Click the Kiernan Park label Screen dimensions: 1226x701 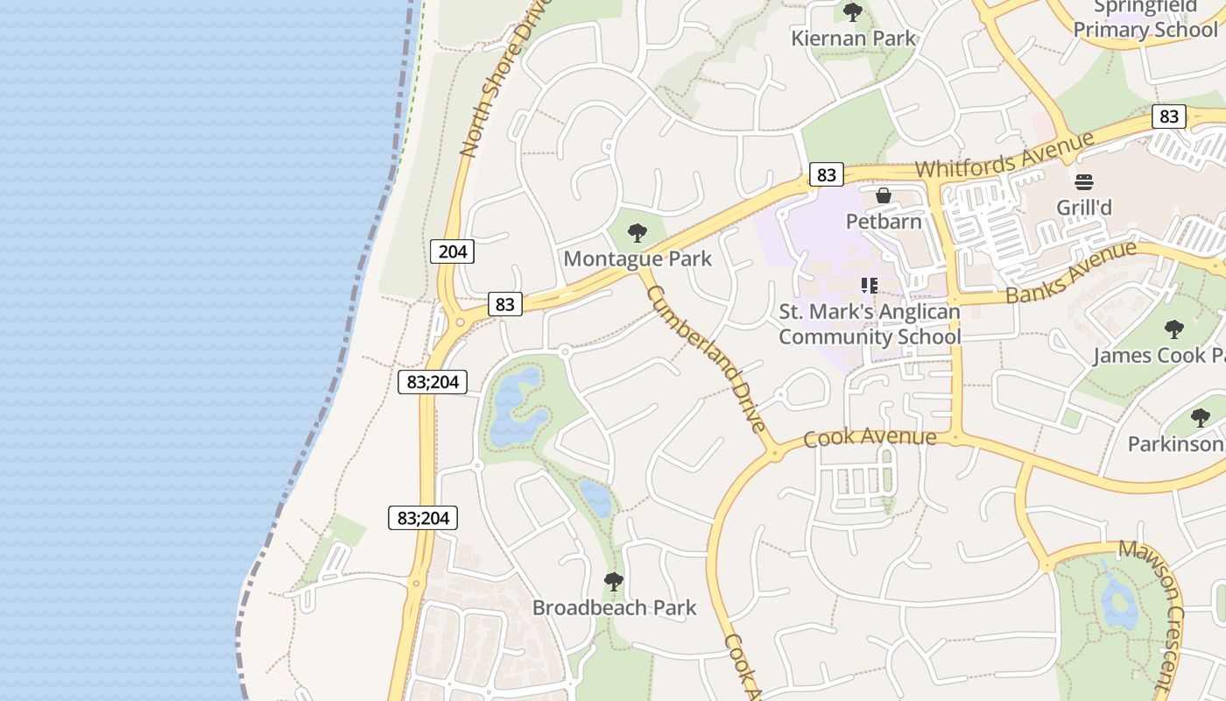[x=853, y=39]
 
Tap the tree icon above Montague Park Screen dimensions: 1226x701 [x=638, y=233]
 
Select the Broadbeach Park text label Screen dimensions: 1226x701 [x=614, y=607]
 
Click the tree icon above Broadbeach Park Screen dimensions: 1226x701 [x=614, y=581]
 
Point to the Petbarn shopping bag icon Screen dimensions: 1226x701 [x=884, y=195]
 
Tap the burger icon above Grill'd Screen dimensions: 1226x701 [x=1084, y=182]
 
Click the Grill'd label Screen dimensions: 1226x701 [x=1084, y=208]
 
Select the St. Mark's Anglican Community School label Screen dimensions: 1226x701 [x=870, y=324]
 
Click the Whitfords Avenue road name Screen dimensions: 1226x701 [x=1005, y=155]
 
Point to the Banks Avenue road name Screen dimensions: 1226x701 [x=1071, y=272]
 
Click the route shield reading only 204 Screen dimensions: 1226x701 [x=453, y=252]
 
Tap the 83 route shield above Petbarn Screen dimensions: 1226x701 [x=826, y=174]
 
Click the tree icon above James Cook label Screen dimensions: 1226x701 [x=1173, y=329]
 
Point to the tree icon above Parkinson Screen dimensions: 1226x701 [x=1201, y=418]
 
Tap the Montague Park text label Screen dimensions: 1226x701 [x=638, y=258]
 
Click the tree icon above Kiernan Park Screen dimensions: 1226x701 [x=852, y=12]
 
